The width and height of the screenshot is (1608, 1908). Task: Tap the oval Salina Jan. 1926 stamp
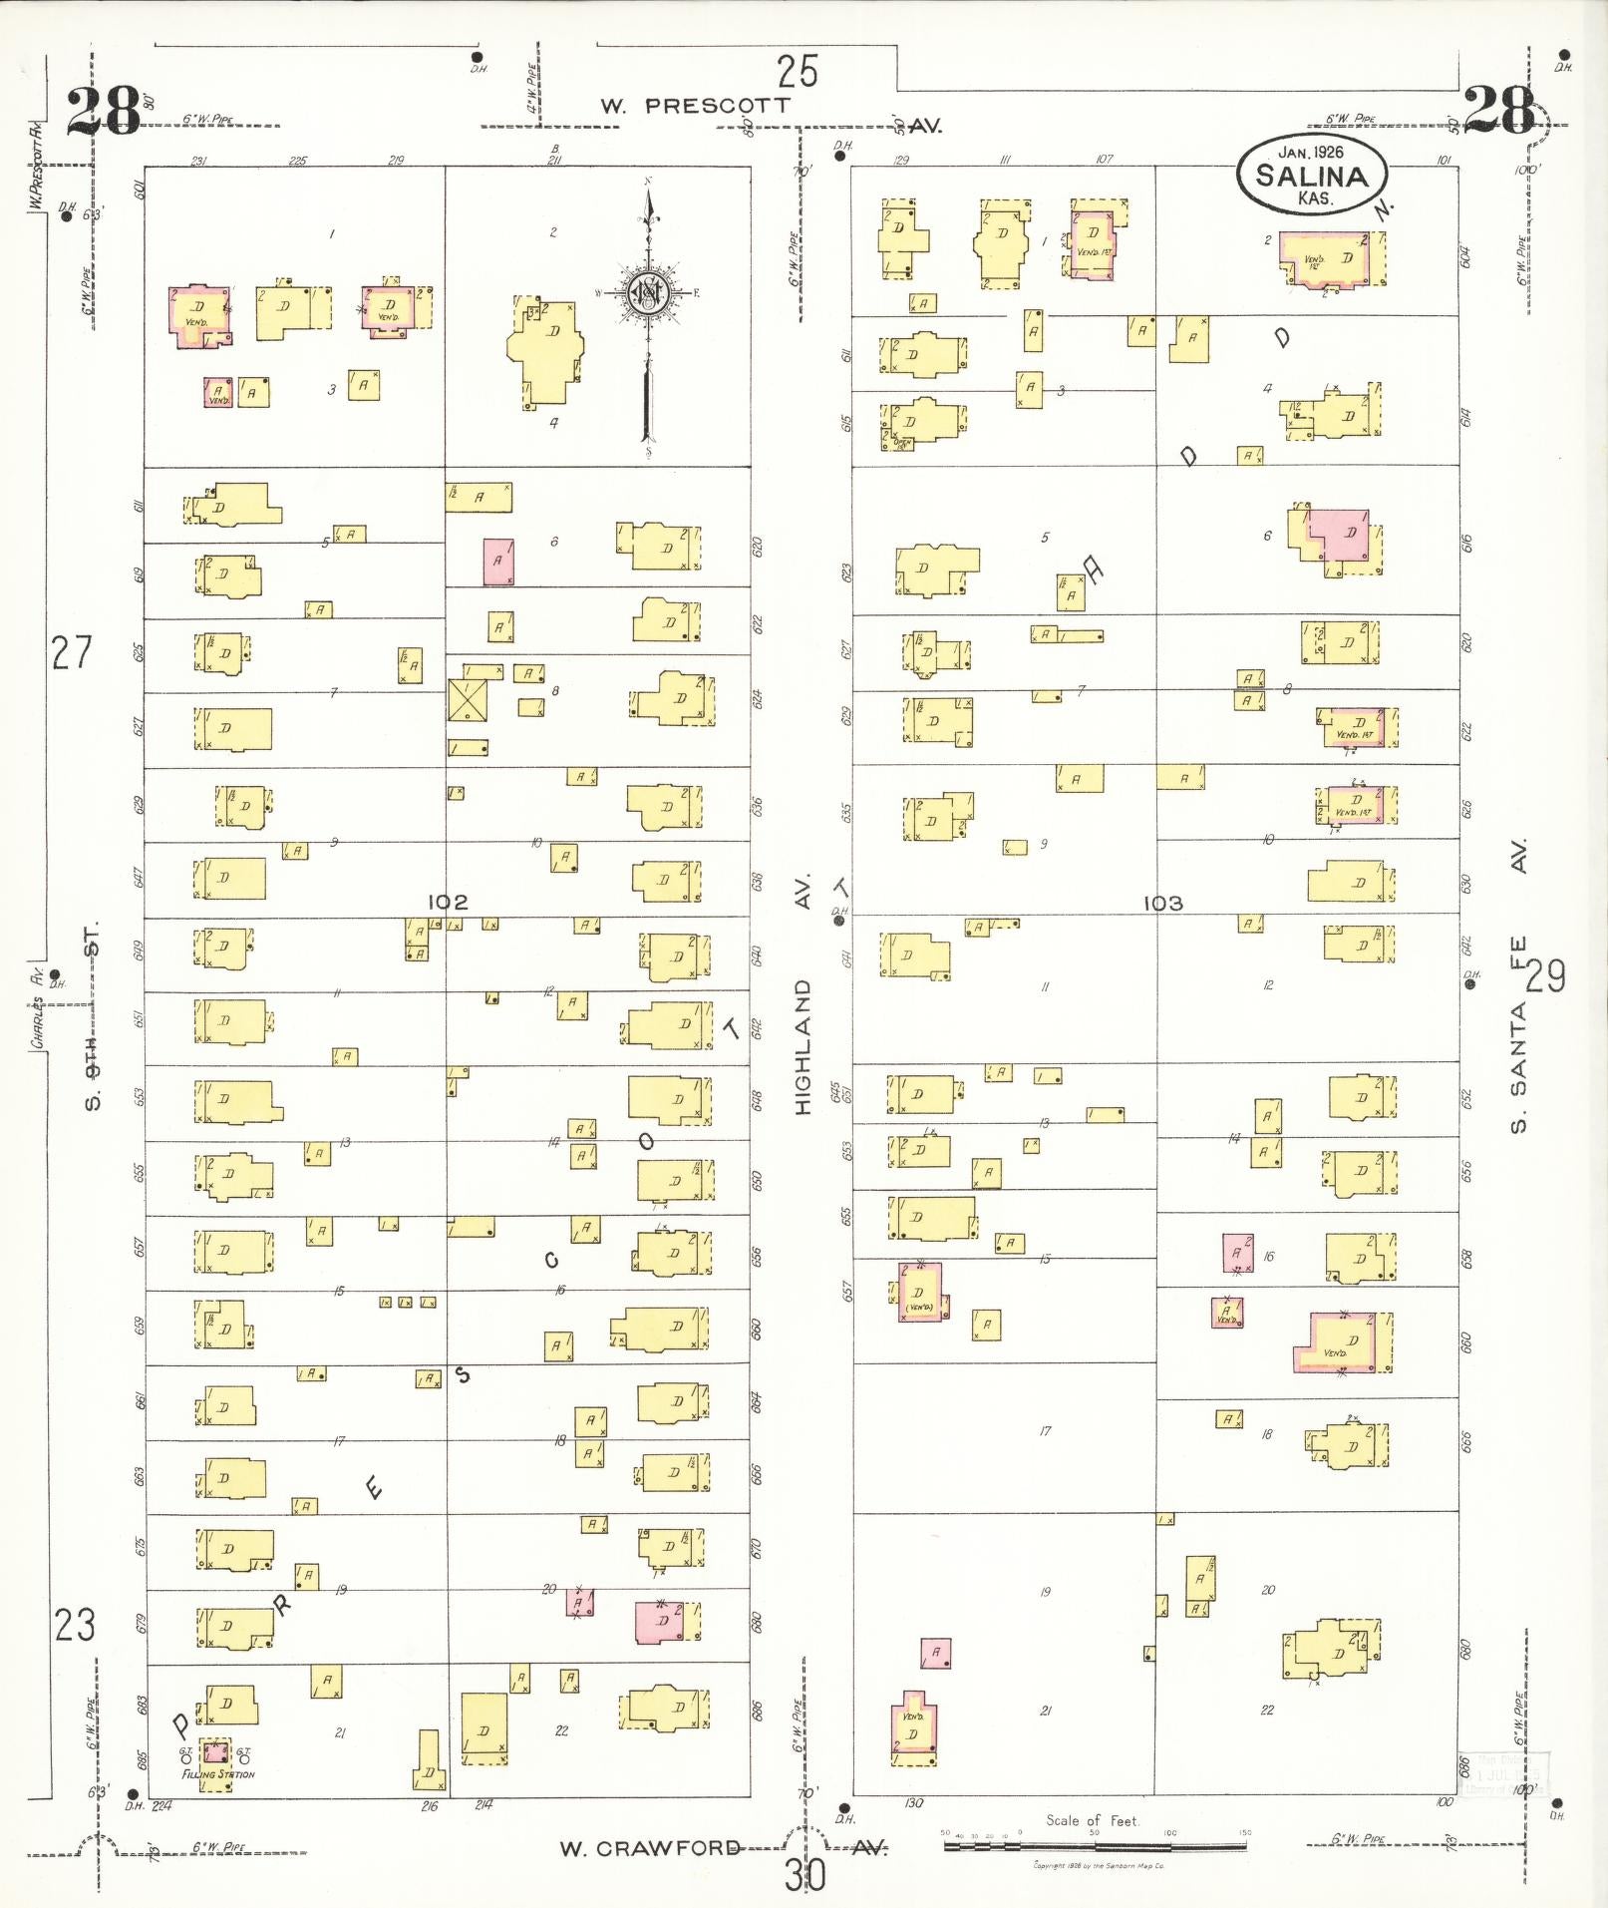[x=1310, y=174]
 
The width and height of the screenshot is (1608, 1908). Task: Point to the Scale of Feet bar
[x=1095, y=1845]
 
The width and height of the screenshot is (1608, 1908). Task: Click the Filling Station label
[x=218, y=1774]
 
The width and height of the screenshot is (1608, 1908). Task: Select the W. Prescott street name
[x=696, y=105]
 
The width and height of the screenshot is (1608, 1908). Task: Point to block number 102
[x=448, y=902]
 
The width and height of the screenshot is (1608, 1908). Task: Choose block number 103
[x=1162, y=903]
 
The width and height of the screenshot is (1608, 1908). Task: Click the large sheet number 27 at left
[x=72, y=654]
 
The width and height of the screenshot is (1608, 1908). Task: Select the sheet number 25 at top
[x=798, y=72]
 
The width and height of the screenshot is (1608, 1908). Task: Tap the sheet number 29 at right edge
[x=1546, y=975]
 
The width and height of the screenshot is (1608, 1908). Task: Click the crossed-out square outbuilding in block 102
[x=469, y=700]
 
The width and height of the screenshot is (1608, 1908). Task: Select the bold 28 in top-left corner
[x=104, y=112]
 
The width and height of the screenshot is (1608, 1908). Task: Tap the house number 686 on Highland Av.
[x=758, y=1709]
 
